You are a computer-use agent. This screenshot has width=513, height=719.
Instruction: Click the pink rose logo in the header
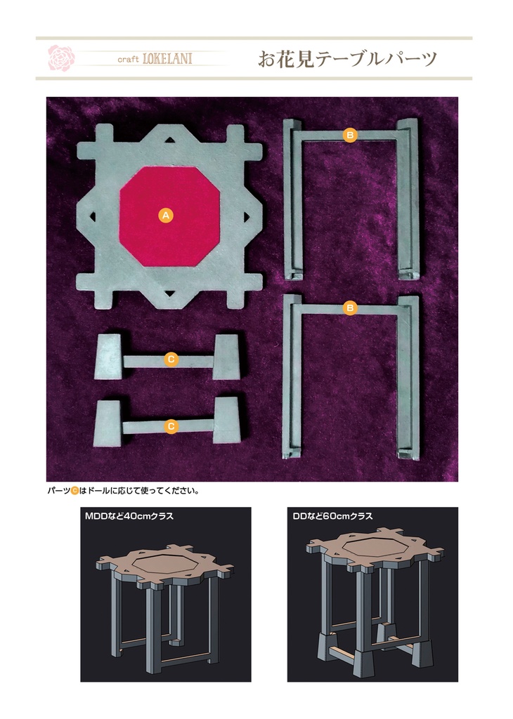click(x=61, y=58)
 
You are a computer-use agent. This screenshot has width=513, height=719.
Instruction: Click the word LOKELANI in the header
click(x=167, y=59)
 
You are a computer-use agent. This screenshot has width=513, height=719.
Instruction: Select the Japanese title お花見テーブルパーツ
click(x=347, y=59)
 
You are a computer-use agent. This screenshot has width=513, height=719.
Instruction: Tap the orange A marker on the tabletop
click(x=166, y=215)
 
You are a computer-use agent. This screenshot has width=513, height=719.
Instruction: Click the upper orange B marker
click(x=350, y=135)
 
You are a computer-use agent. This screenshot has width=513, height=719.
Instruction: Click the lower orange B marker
click(x=350, y=308)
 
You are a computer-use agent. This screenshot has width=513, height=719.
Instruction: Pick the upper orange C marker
click(x=171, y=359)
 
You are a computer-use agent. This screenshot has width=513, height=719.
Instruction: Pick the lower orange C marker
click(x=171, y=426)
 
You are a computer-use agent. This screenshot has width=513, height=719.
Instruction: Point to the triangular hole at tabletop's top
click(x=169, y=140)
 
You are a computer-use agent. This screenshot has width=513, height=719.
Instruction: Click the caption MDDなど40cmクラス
click(x=129, y=516)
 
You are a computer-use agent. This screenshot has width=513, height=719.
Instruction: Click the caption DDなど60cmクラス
click(x=332, y=516)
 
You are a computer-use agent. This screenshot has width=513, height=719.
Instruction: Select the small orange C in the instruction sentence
click(x=74, y=491)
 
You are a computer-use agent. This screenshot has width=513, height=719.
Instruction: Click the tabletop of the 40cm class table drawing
click(x=164, y=565)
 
